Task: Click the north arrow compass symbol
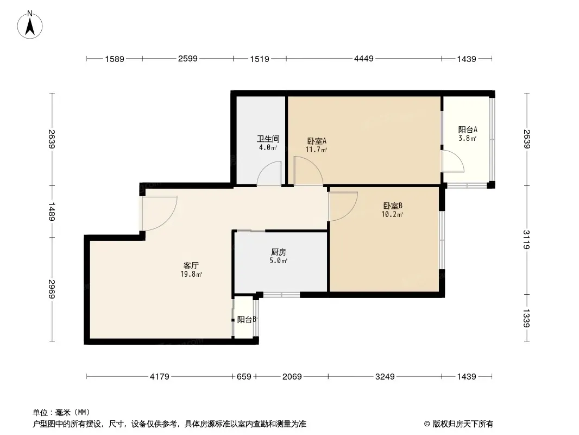(30, 25)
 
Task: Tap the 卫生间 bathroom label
(268, 139)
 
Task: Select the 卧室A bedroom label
(317, 141)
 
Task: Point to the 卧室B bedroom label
(393, 206)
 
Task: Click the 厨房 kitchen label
(279, 252)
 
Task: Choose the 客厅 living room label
(191, 265)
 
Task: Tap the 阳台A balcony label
(468, 130)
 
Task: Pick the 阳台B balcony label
(247, 319)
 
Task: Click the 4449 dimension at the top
(364, 58)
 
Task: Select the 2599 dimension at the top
(187, 58)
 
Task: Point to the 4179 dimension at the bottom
(160, 377)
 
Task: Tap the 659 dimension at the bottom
(244, 377)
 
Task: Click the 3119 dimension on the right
(526, 239)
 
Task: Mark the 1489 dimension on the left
(52, 212)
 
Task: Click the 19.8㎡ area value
(191, 274)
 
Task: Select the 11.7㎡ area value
(316, 150)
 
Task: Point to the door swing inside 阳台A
(459, 157)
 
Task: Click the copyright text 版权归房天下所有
(463, 424)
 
